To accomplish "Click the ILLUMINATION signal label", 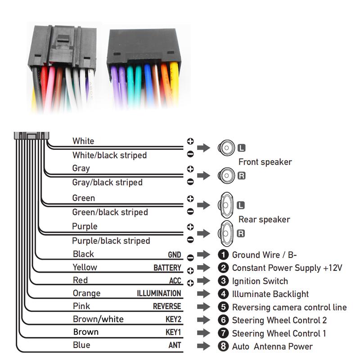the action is (x=159, y=293).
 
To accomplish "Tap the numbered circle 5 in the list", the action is (x=223, y=307).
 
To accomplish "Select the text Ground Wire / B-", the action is (x=264, y=255).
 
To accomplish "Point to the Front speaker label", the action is (x=265, y=162).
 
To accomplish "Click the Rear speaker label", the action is (x=264, y=219).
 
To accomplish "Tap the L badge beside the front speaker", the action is (x=241, y=148).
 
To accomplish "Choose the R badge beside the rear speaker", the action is (x=241, y=234).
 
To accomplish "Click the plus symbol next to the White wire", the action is (x=190, y=141).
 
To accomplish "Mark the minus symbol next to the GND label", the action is (x=190, y=258).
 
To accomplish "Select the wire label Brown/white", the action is (x=98, y=319).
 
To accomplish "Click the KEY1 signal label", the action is (x=173, y=332).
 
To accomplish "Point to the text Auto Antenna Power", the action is (x=272, y=346).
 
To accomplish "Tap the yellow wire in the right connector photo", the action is (x=174, y=83).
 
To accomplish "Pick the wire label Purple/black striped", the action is (x=111, y=241).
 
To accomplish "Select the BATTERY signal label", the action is (x=167, y=268).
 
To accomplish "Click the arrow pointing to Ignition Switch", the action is (x=203, y=280).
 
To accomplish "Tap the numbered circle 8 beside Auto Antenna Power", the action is (x=223, y=346).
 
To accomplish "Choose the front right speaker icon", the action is (x=226, y=175).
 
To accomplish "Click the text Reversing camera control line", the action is (x=289, y=307).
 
